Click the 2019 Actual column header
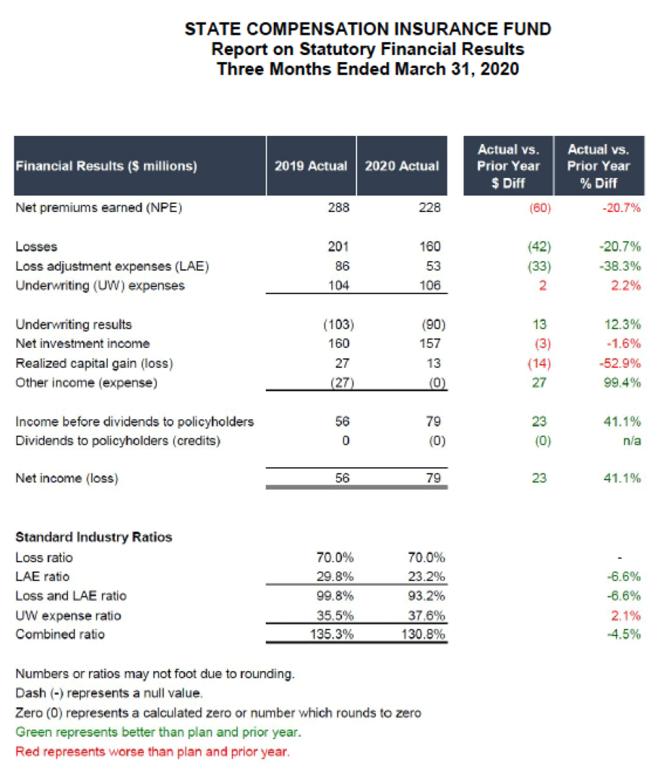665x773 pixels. coord(310,166)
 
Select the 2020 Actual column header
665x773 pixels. coord(402,166)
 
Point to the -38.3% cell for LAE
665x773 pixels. coord(623,266)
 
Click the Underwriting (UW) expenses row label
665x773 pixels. coord(100,285)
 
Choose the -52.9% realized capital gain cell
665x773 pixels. coord(623,363)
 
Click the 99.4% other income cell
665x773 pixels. coord(625,383)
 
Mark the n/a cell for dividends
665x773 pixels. coord(633,441)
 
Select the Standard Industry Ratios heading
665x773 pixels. coord(94,537)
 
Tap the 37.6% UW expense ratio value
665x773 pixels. coord(426,615)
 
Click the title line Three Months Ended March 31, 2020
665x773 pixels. coord(368,69)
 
